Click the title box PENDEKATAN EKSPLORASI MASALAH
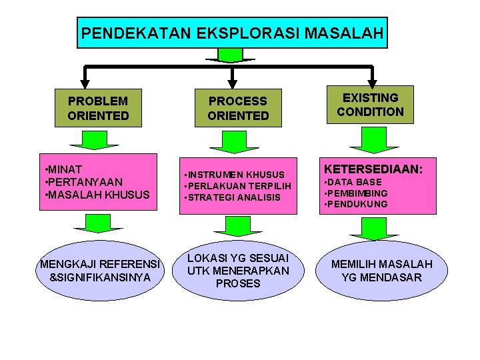[232, 33]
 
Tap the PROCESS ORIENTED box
[237, 108]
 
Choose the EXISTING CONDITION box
[370, 105]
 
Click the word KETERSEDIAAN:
[373, 170]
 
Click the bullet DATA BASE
[354, 182]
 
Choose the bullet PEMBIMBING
[357, 193]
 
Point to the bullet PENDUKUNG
[357, 204]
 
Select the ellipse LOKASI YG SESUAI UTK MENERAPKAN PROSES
[238, 270]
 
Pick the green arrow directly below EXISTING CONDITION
[373, 139]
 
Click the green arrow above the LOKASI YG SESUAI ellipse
[237, 226]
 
